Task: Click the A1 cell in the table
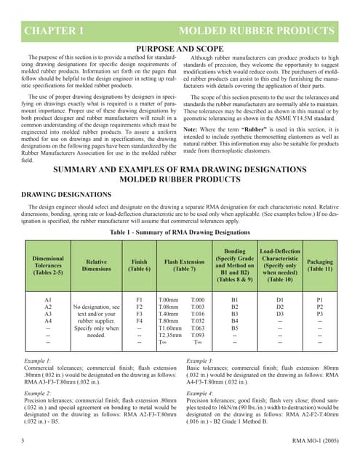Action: [48, 299]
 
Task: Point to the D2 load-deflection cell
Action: [280, 306]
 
